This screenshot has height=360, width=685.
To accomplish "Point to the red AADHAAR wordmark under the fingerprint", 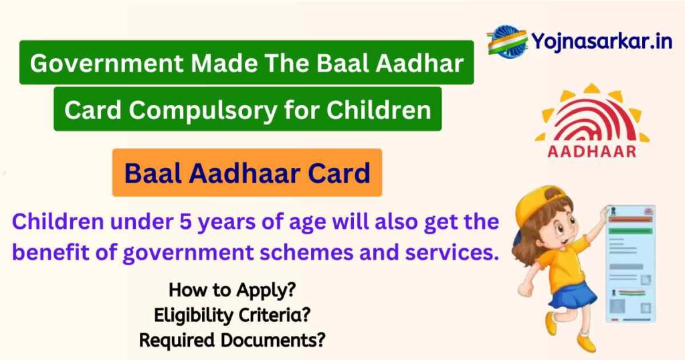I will [592, 151].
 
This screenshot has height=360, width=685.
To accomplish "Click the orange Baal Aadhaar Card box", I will [247, 173].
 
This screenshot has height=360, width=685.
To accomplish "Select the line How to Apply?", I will [232, 290].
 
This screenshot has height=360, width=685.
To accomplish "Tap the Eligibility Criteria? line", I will [232, 314].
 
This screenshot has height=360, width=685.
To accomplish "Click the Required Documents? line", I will [232, 339].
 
